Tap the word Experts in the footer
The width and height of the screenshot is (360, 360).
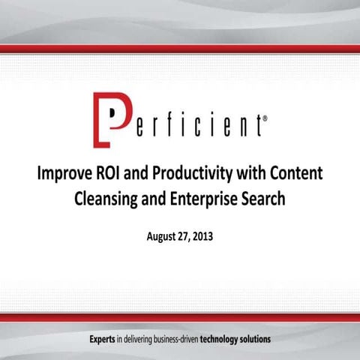(104, 339)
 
